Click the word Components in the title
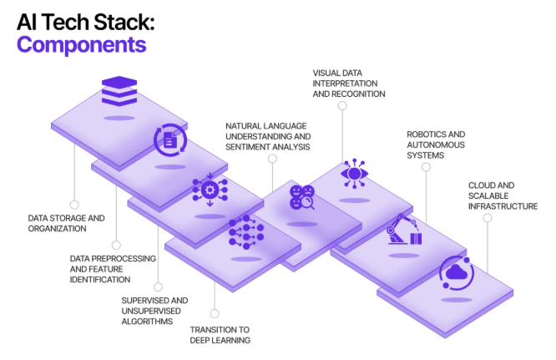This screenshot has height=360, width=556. [82, 44]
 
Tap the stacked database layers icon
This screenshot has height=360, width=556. [119, 90]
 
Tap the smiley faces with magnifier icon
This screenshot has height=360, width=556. [301, 197]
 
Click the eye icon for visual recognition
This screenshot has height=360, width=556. [354, 174]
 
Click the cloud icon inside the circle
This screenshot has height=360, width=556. [457, 272]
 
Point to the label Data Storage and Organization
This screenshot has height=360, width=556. [67, 223]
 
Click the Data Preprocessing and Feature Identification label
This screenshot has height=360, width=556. [112, 269]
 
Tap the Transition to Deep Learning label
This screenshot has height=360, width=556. [220, 334]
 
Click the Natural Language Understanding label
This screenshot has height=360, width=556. [267, 135]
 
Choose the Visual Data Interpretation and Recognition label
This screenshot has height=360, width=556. [348, 84]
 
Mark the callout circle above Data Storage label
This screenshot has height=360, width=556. [74, 204]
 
